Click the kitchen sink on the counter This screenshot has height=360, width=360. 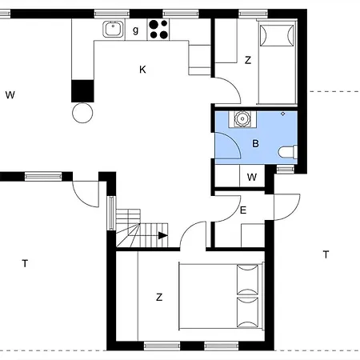[x=112, y=30]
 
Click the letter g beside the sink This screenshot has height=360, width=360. [x=135, y=30]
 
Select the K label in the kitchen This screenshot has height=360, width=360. [x=142, y=70]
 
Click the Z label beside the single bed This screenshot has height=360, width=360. [x=248, y=60]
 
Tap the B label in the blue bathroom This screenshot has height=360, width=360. [x=255, y=144]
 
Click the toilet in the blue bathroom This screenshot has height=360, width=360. [x=287, y=151]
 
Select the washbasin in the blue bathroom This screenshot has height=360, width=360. [x=240, y=121]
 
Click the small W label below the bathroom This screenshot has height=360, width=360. [x=252, y=177]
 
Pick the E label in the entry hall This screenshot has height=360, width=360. [x=242, y=210]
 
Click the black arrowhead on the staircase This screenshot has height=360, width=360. [x=163, y=235]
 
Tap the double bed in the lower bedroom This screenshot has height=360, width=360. [x=221, y=296]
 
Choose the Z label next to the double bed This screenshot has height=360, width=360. [x=159, y=297]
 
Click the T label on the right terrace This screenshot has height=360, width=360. [x=326, y=254]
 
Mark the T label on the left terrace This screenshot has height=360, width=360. [x=25, y=262]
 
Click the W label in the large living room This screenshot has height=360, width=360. [x=10, y=95]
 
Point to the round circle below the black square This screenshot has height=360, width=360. [x=82, y=113]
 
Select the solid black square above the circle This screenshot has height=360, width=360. [x=82, y=90]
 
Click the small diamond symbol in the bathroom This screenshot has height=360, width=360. [x=282, y=114]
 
